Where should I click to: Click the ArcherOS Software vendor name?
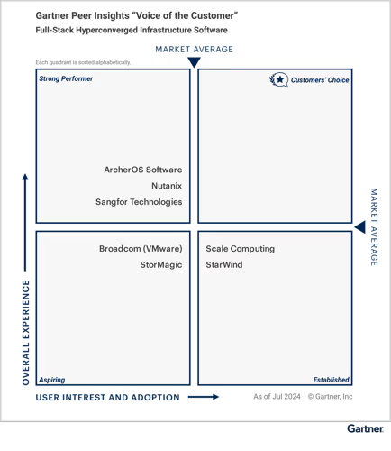click(x=143, y=170)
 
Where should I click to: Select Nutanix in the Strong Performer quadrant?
click(x=167, y=186)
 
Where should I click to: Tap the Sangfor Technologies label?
click(x=139, y=202)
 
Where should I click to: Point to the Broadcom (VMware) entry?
click(x=141, y=249)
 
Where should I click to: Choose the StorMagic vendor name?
click(x=161, y=264)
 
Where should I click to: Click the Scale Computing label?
click(x=241, y=249)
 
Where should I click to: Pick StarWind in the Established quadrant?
click(x=224, y=264)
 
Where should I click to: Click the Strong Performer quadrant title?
click(x=66, y=78)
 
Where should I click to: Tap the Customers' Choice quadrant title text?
click(x=320, y=80)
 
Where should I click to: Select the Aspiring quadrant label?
click(x=52, y=380)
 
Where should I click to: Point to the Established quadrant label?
click(x=332, y=380)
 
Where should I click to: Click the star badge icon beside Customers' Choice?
click(x=279, y=79)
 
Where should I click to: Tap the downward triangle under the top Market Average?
click(x=194, y=62)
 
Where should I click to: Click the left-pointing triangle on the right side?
click(x=360, y=227)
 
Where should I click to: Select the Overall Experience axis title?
click(x=26, y=333)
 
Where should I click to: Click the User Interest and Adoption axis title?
click(x=108, y=397)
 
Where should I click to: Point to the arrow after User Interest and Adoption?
click(x=204, y=397)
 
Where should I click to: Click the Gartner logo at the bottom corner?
click(x=366, y=428)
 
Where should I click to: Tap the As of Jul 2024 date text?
click(x=277, y=397)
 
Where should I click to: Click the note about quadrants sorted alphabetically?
click(x=83, y=62)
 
